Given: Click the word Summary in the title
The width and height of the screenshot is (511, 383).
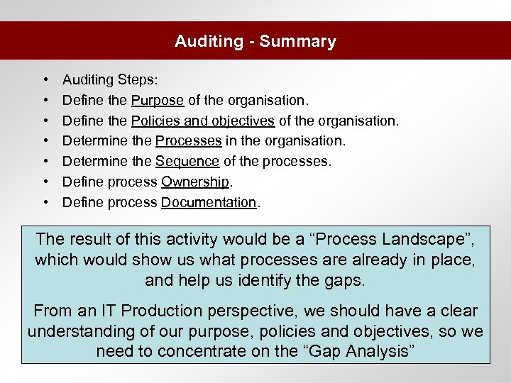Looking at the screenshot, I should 298,41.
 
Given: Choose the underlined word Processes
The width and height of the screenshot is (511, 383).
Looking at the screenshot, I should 188,141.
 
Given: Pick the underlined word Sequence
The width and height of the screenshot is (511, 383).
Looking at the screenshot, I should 187,161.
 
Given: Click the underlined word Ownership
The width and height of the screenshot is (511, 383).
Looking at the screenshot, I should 194,182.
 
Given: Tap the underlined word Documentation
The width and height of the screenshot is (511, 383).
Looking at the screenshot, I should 209,202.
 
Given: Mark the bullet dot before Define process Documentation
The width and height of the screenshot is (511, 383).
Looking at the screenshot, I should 45,202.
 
